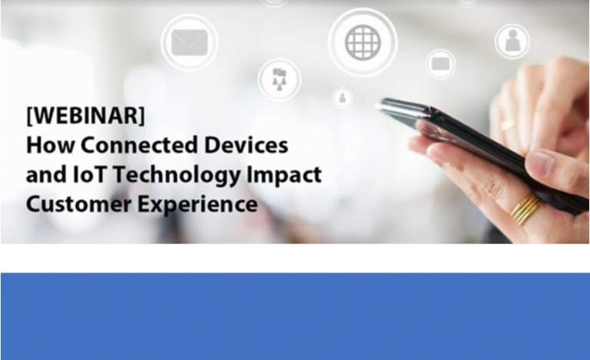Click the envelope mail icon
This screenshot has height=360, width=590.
point(189,43)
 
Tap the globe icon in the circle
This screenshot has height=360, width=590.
point(363,42)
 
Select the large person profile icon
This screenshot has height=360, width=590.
point(512,41)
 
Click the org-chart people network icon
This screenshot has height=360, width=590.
point(279,79)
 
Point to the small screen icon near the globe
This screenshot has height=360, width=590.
point(440,64)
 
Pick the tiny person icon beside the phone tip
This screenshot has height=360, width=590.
point(343,97)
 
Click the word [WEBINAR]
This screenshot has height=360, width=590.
point(85,116)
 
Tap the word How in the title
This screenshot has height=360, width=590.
point(45,145)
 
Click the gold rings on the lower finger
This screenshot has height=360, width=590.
point(526,208)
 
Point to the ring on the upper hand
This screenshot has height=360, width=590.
point(509,123)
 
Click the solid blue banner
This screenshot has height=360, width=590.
point(295,315)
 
